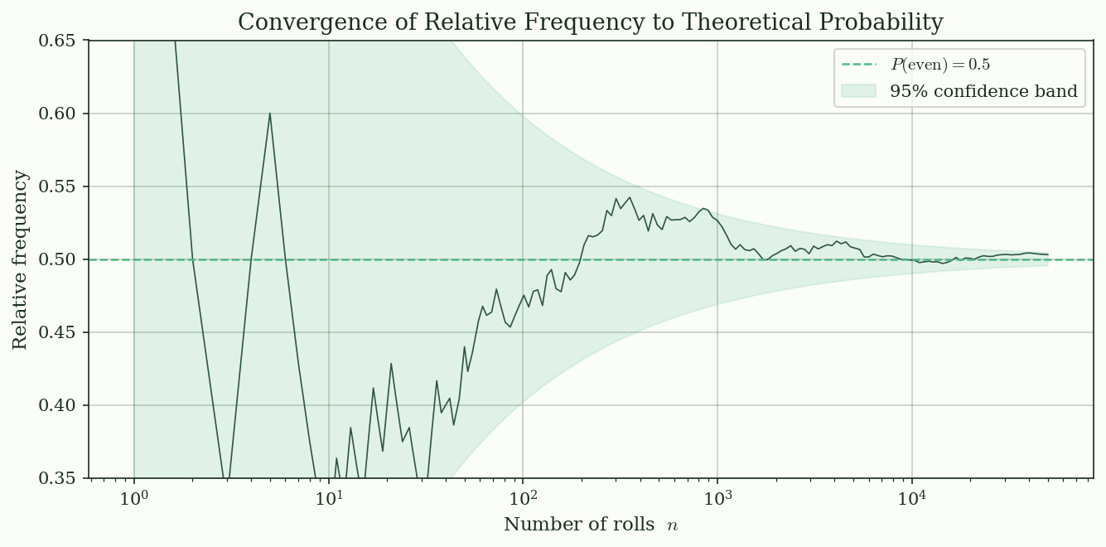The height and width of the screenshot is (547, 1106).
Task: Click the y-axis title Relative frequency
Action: (x=20, y=259)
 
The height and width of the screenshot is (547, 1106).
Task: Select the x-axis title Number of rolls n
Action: (x=591, y=525)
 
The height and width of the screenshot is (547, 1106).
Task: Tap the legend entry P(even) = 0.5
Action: (x=940, y=65)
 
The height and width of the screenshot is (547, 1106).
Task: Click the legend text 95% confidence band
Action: (x=983, y=91)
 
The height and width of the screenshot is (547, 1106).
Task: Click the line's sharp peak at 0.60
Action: (x=270, y=114)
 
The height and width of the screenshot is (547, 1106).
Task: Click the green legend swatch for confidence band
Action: (x=858, y=91)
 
